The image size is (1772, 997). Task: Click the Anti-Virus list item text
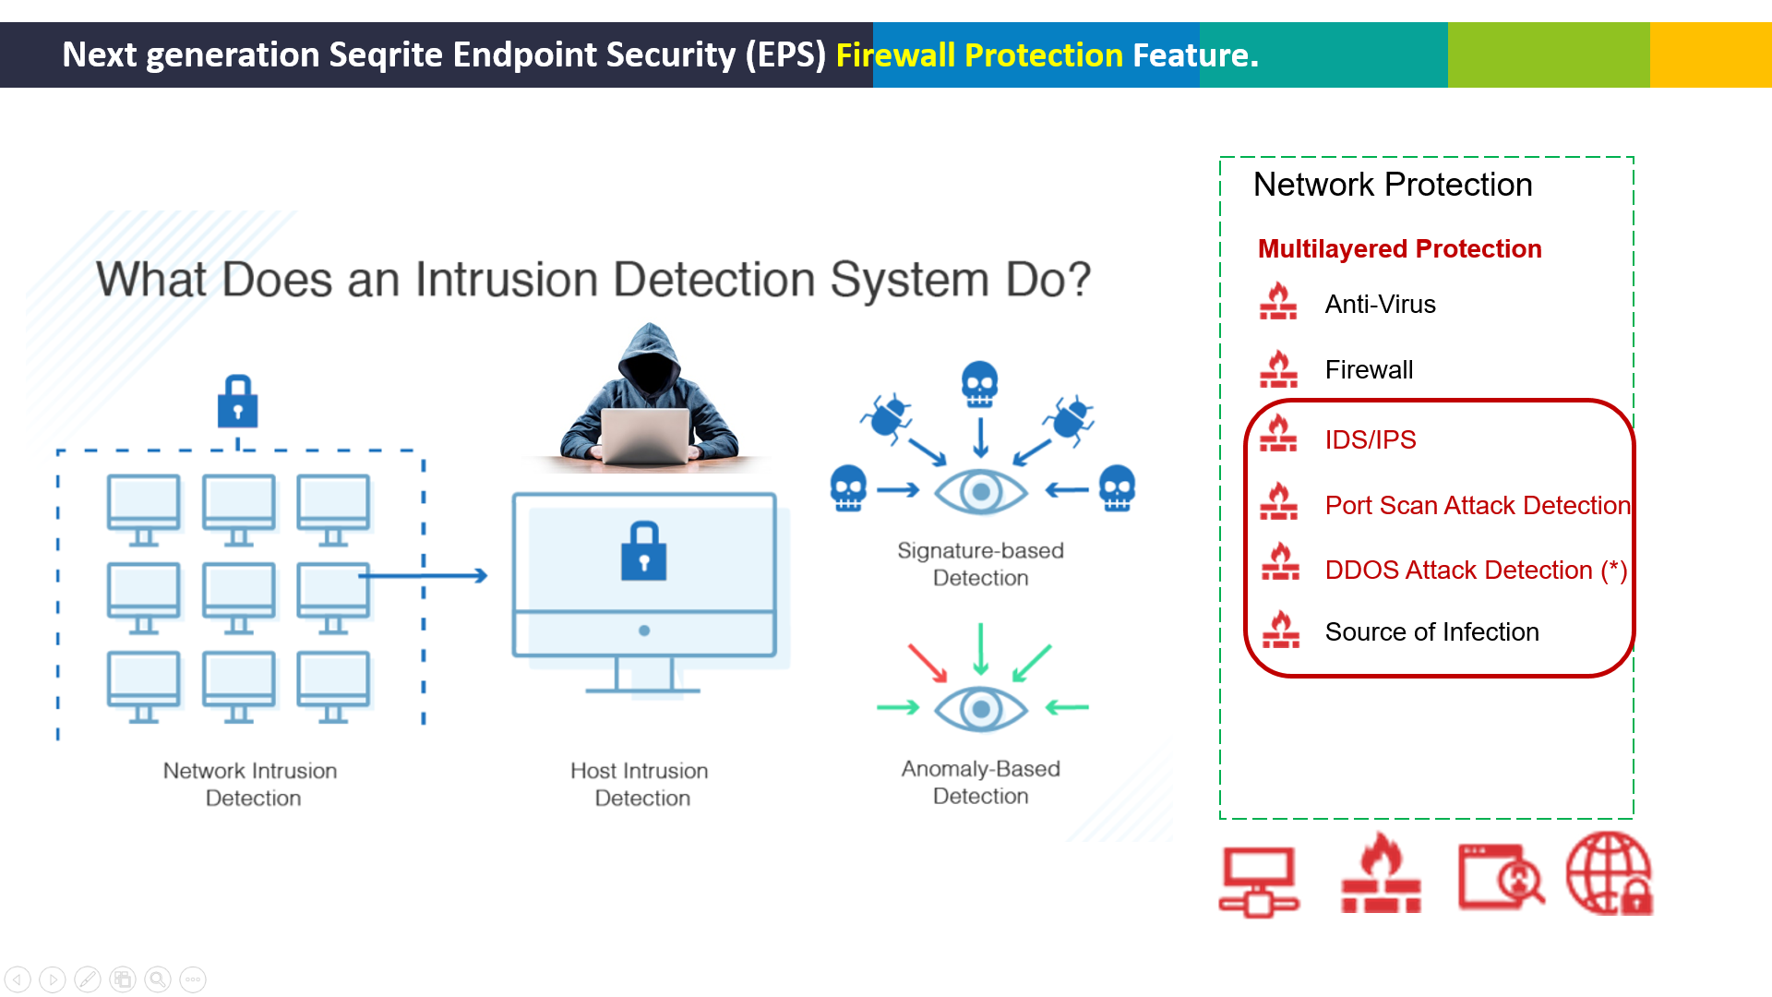1380,305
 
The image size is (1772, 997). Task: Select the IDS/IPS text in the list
1371,439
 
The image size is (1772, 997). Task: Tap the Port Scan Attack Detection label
1478,505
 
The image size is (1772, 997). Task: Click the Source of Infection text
1431,631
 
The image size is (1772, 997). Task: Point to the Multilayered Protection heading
1399,249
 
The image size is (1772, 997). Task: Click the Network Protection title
1393,185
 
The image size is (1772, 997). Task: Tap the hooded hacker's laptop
645,434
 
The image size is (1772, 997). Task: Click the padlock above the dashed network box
237,402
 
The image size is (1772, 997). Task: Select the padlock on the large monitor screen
644,551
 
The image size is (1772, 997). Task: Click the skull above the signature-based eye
979,384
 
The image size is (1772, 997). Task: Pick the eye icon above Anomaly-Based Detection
981,709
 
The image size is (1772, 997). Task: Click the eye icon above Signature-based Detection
981,492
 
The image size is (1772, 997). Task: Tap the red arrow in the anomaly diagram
928,662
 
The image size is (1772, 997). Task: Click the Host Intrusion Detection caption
641,784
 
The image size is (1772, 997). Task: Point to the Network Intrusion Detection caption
251,784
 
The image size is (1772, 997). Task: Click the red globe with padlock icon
1610,873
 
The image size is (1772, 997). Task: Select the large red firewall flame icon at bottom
1382,872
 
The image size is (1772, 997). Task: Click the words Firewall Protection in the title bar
979,55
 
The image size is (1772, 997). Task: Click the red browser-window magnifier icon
1501,876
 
